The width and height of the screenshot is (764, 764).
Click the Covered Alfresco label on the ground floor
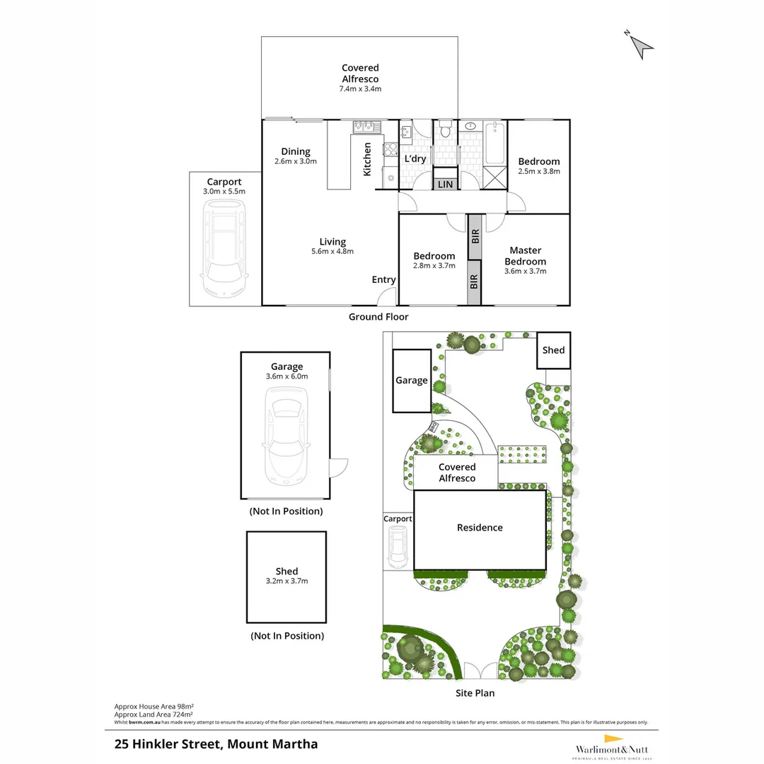coord(360,74)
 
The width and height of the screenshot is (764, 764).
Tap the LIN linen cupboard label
coord(445,185)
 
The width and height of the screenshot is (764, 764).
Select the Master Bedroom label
coord(525,255)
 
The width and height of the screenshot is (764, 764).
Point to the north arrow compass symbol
coord(641,44)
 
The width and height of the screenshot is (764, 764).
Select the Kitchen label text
coord(368,159)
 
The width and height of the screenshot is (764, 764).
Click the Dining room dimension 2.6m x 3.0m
coord(295,161)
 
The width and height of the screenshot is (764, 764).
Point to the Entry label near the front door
coord(383,280)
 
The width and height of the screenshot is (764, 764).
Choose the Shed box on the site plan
coord(553,350)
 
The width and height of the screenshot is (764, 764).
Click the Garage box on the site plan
coord(412,381)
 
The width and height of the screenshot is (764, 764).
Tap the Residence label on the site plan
coord(480,528)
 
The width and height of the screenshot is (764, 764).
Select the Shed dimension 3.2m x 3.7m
coord(286,581)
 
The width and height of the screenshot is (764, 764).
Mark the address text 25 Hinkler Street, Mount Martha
coord(216,744)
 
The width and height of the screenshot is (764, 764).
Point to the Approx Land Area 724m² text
coord(154,714)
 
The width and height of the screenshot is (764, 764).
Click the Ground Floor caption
coord(378,317)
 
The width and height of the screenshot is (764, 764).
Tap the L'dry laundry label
coord(415,158)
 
